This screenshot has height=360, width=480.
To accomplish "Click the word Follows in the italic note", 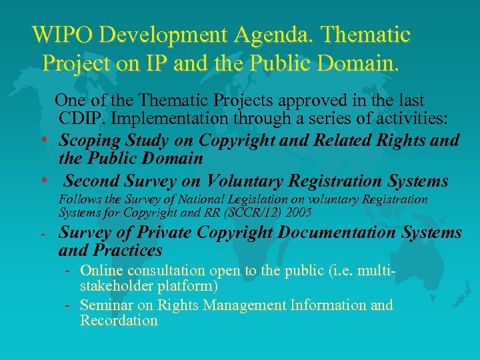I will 79,199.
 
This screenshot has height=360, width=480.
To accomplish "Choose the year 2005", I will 299,213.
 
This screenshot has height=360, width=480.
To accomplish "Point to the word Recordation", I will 119,321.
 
